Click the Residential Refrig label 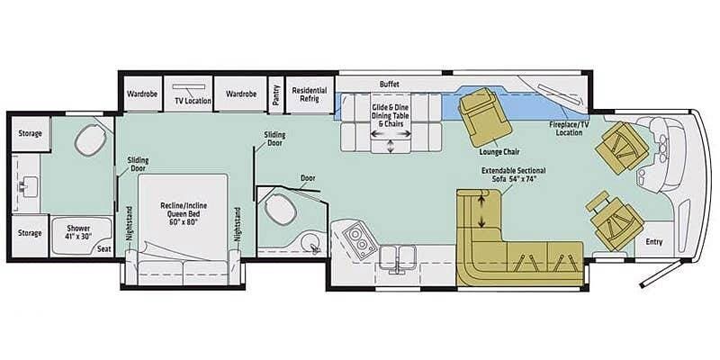[309, 94]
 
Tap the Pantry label [276, 94]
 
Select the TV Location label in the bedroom [193, 101]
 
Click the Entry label [654, 241]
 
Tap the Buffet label [390, 85]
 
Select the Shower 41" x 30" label [79, 232]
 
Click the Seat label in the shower [103, 248]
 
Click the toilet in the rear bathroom [91, 139]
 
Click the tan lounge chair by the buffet [485, 117]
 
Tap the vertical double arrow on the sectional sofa [481, 211]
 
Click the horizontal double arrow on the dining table [391, 133]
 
